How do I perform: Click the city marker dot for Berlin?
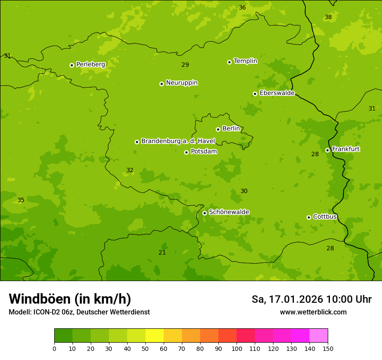click(x=218, y=129)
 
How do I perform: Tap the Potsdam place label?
click(x=204, y=152)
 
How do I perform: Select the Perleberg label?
click(x=91, y=65)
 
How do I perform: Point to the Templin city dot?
click(x=229, y=62)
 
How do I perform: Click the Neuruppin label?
click(x=182, y=83)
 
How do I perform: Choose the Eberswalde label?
click(x=277, y=93)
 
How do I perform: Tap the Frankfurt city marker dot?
click(x=327, y=150)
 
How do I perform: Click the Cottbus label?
click(x=325, y=217)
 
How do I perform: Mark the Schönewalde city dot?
click(x=204, y=213)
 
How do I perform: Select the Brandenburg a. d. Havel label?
click(x=178, y=141)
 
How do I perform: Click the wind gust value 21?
click(x=162, y=252)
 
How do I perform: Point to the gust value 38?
click(x=328, y=17)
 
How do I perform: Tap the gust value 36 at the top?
click(x=242, y=8)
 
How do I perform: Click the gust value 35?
click(x=21, y=200)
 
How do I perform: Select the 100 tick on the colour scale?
click(x=237, y=348)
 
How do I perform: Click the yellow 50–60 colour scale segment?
click(x=155, y=336)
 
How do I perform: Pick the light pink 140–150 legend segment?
click(x=319, y=336)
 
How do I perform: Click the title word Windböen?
click(x=40, y=299)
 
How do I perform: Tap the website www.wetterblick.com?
click(x=313, y=312)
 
